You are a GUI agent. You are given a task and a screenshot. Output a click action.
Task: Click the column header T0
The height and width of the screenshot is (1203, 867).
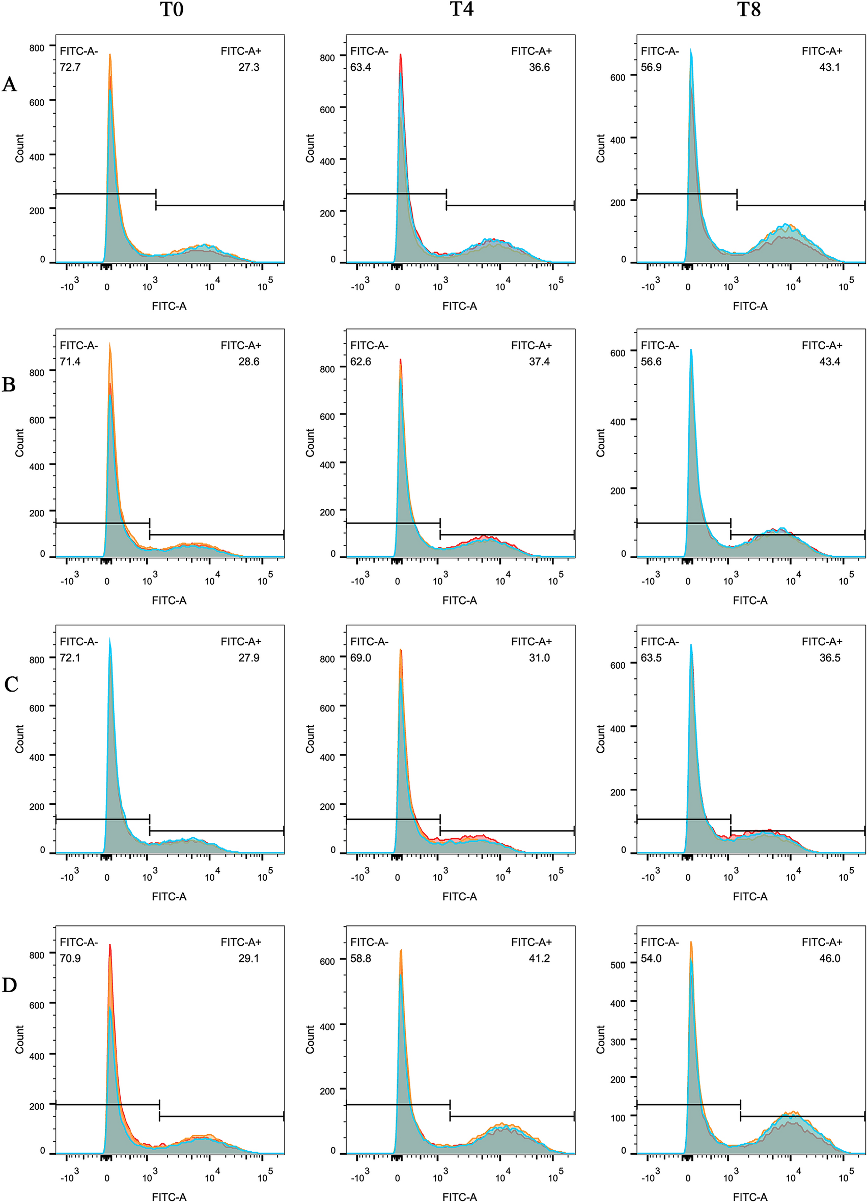[171, 10]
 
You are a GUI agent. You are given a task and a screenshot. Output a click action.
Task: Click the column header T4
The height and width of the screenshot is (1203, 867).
[461, 10]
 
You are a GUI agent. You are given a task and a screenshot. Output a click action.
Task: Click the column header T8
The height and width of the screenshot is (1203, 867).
[749, 10]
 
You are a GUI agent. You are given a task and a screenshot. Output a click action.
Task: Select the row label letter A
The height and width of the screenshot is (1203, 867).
[10, 85]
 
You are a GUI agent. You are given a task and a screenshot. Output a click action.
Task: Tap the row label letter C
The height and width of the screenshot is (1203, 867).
[11, 684]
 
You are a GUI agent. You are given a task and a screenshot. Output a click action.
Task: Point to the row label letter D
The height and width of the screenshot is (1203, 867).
[10, 986]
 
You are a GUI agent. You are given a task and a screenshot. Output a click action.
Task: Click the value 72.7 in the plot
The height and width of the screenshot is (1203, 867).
[70, 67]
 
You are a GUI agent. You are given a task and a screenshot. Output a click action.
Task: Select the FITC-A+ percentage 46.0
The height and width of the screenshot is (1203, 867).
[829, 959]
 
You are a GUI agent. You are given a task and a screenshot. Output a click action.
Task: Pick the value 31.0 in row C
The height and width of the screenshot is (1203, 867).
[539, 658]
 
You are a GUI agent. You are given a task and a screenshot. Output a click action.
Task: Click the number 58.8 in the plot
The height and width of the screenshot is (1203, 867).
[360, 959]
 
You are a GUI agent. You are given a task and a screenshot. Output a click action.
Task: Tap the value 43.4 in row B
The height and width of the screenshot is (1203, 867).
[829, 362]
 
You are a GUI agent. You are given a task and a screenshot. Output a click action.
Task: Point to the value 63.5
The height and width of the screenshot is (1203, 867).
[651, 658]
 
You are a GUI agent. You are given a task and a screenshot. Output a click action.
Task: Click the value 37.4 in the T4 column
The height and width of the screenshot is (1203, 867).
[539, 362]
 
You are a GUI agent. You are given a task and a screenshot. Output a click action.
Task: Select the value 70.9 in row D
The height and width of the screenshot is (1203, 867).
[70, 959]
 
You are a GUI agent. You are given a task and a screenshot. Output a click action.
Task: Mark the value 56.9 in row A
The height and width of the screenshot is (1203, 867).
[651, 67]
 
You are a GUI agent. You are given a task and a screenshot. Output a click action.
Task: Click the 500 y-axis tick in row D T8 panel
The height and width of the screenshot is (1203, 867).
[618, 965]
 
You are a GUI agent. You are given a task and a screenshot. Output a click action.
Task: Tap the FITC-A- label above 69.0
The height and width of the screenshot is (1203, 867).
[369, 642]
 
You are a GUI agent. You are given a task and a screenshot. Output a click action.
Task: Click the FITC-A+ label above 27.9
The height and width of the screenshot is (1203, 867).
[241, 642]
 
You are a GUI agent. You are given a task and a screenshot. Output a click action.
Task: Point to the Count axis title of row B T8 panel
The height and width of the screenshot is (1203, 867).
[600, 443]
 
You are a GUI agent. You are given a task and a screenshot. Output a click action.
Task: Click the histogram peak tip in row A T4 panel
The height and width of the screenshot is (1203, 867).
[401, 54]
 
